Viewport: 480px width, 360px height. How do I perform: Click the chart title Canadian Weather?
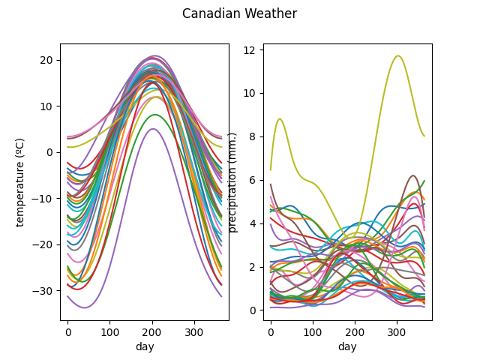pyautogui.click(x=239, y=13)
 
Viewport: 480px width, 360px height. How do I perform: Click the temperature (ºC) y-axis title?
pyautogui.click(x=20, y=181)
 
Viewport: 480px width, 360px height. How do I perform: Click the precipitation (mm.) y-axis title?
pyautogui.click(x=232, y=182)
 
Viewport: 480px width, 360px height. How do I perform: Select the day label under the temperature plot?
pyautogui.click(x=145, y=346)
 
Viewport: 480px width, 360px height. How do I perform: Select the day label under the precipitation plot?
pyautogui.click(x=347, y=346)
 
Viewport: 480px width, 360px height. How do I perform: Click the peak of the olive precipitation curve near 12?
pyautogui.click(x=398, y=56)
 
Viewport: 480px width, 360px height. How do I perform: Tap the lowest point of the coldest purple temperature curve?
pyautogui.click(x=85, y=307)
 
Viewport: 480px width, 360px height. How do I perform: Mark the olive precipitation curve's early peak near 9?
pyautogui.click(x=280, y=118)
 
